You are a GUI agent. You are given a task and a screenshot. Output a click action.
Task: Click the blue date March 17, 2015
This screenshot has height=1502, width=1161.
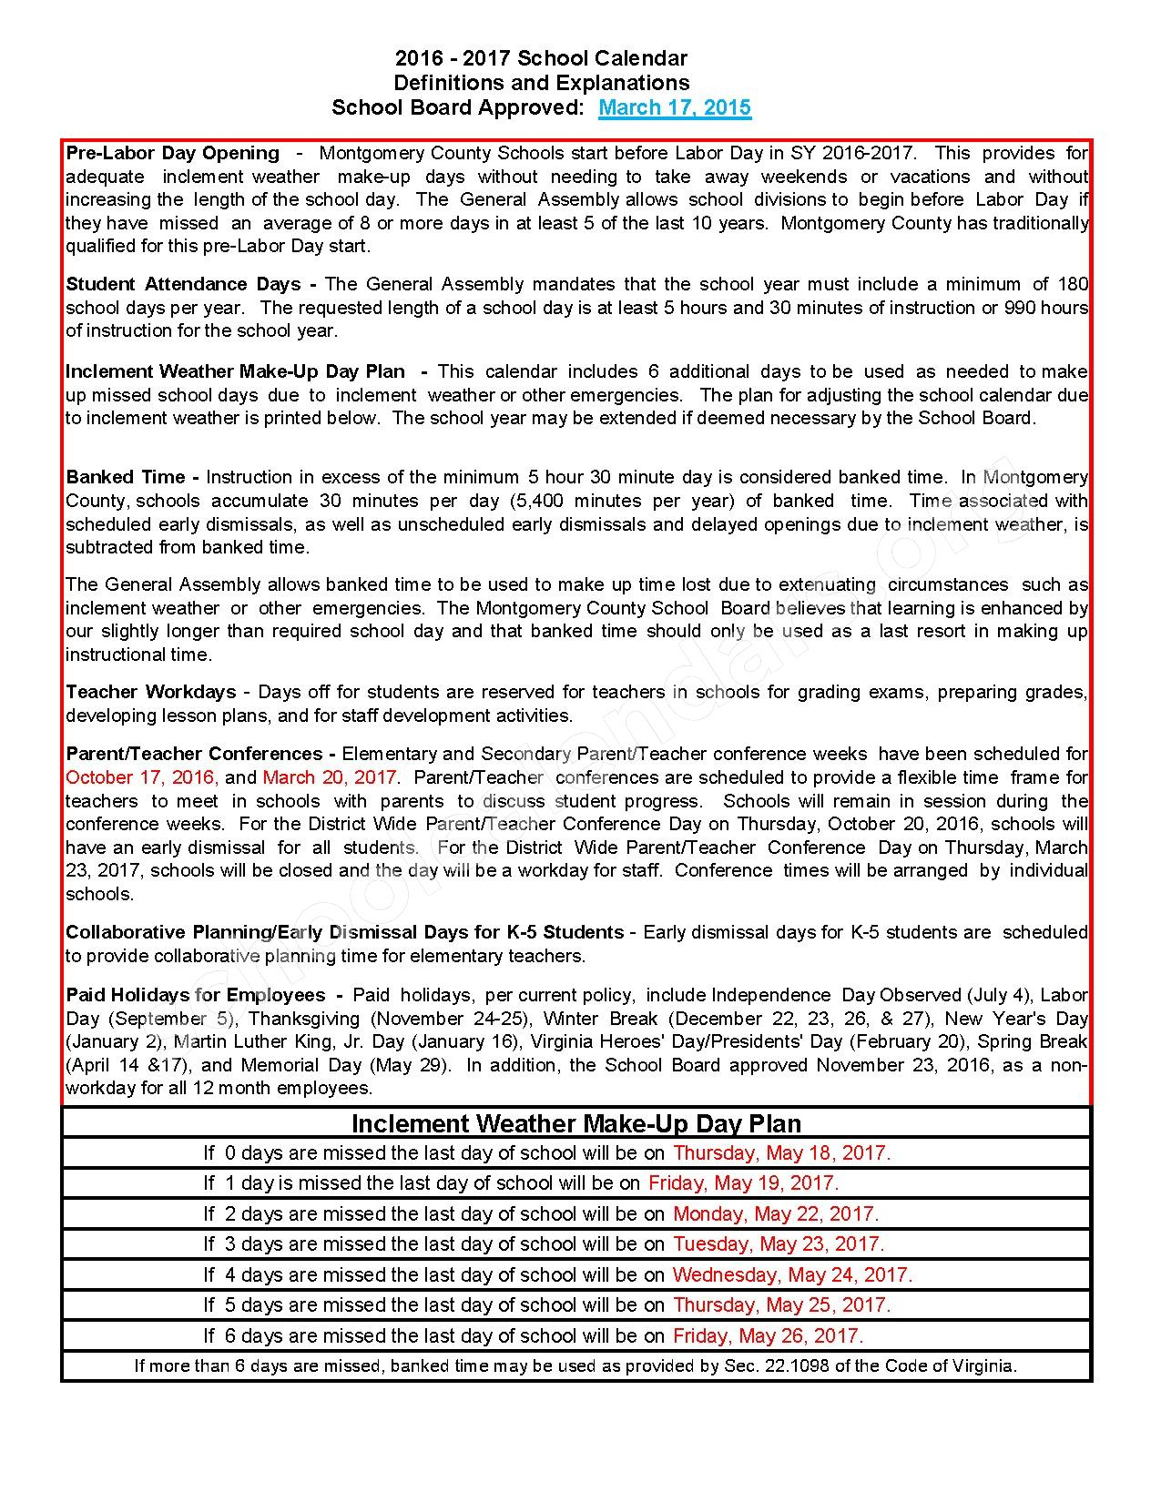tap(674, 107)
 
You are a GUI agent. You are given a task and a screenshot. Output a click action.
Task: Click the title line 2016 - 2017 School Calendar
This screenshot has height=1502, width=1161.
tap(541, 59)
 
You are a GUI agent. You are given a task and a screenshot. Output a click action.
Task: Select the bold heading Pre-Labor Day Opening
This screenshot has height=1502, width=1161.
tap(173, 153)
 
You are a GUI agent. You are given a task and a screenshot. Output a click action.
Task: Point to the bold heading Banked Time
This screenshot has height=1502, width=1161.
tap(126, 477)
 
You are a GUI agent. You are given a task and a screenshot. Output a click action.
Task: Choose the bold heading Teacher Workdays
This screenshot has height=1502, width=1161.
tap(150, 692)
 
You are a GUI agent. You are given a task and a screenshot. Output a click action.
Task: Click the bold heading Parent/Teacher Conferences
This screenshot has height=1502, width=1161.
tap(194, 754)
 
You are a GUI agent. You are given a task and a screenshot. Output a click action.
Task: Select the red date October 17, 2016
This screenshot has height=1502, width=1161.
tap(141, 777)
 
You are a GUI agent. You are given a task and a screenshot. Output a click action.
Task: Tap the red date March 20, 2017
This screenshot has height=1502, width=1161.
tap(330, 777)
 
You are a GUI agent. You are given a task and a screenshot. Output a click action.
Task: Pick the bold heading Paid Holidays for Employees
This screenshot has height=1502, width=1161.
tap(196, 995)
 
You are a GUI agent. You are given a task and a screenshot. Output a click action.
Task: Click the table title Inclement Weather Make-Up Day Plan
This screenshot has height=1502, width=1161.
tap(576, 1123)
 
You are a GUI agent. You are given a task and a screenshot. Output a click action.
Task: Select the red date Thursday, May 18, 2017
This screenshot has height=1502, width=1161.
tap(781, 1153)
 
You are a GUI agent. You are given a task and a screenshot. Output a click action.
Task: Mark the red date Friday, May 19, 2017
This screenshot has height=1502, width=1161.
tap(743, 1183)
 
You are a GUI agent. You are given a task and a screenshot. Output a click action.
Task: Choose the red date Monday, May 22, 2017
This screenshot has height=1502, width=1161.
tap(775, 1214)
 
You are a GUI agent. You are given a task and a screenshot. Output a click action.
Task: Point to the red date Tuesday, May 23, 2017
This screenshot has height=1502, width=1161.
tap(779, 1244)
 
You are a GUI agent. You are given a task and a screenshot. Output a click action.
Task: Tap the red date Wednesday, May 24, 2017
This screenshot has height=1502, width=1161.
tap(792, 1275)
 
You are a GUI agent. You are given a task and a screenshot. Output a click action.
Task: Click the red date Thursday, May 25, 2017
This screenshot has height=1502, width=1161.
tap(781, 1305)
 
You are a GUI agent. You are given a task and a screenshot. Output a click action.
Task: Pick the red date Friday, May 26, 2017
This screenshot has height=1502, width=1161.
tap(768, 1336)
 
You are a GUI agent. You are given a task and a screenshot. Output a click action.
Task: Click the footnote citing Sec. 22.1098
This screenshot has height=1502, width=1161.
tap(575, 1365)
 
